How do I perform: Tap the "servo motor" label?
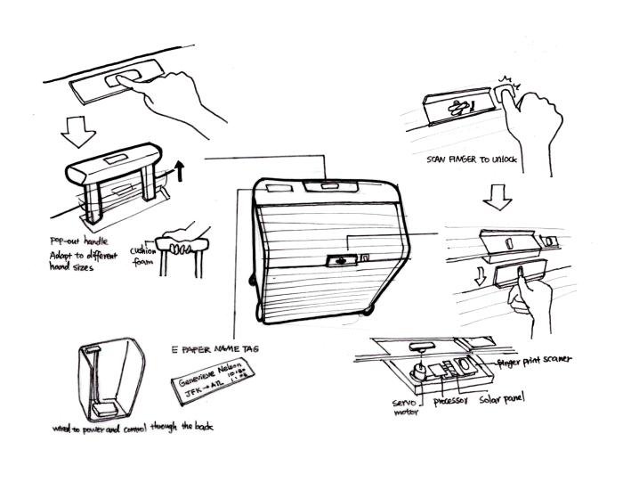405,408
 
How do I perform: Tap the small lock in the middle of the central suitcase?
339,260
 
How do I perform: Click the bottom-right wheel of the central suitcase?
368,315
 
